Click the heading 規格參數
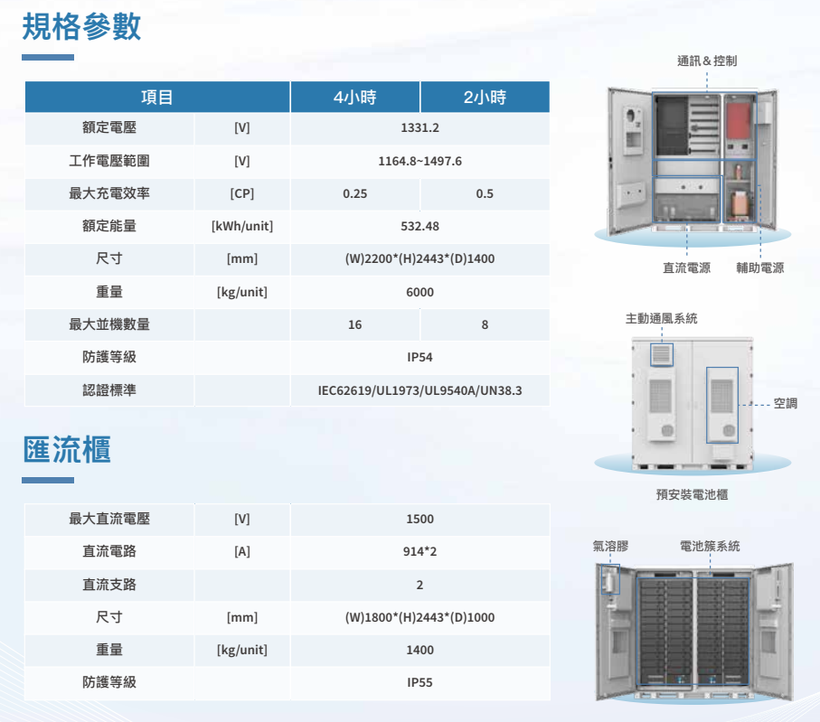point(81,27)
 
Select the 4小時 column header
point(355,98)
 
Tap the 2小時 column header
point(485,98)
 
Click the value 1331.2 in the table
point(419,128)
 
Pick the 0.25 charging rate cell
point(355,194)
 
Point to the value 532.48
point(419,227)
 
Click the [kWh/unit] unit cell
point(242,227)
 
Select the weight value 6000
point(419,292)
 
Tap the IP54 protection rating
point(419,358)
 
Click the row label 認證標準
point(109,390)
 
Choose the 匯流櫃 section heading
point(67,450)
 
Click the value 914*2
point(419,551)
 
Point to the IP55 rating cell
point(419,683)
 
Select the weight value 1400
point(419,650)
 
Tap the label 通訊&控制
point(707,61)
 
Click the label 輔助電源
point(759,268)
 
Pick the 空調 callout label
point(786,404)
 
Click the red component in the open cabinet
point(739,121)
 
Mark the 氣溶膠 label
point(610,547)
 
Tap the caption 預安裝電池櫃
point(692,494)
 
